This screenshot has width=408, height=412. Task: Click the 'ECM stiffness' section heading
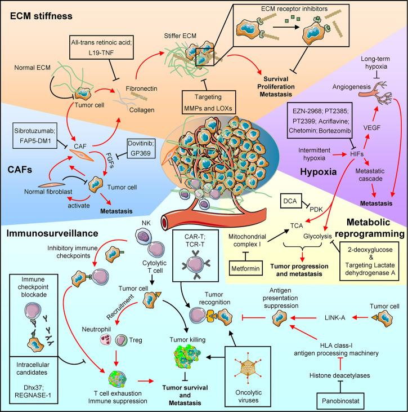click(41, 16)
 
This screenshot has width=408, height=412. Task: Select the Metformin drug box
click(245, 268)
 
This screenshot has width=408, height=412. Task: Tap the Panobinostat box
click(340, 401)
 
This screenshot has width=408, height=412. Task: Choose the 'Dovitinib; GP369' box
click(140, 148)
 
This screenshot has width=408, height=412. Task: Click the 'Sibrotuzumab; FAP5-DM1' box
click(35, 135)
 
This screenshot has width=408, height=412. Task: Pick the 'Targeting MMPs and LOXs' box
click(208, 102)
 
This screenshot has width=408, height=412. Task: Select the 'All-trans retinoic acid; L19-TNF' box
click(101, 47)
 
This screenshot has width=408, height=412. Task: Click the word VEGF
click(372, 128)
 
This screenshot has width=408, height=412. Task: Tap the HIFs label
click(357, 154)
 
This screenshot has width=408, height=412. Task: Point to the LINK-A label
click(335, 318)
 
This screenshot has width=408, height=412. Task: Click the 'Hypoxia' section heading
click(318, 172)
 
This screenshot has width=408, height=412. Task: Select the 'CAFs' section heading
click(20, 170)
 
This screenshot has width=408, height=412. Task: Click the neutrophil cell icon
click(106, 339)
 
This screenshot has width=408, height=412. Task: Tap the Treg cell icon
click(121, 340)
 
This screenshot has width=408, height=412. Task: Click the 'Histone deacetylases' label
click(339, 375)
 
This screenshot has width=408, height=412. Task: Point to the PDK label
click(316, 210)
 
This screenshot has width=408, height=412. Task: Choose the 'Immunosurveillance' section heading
click(52, 233)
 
